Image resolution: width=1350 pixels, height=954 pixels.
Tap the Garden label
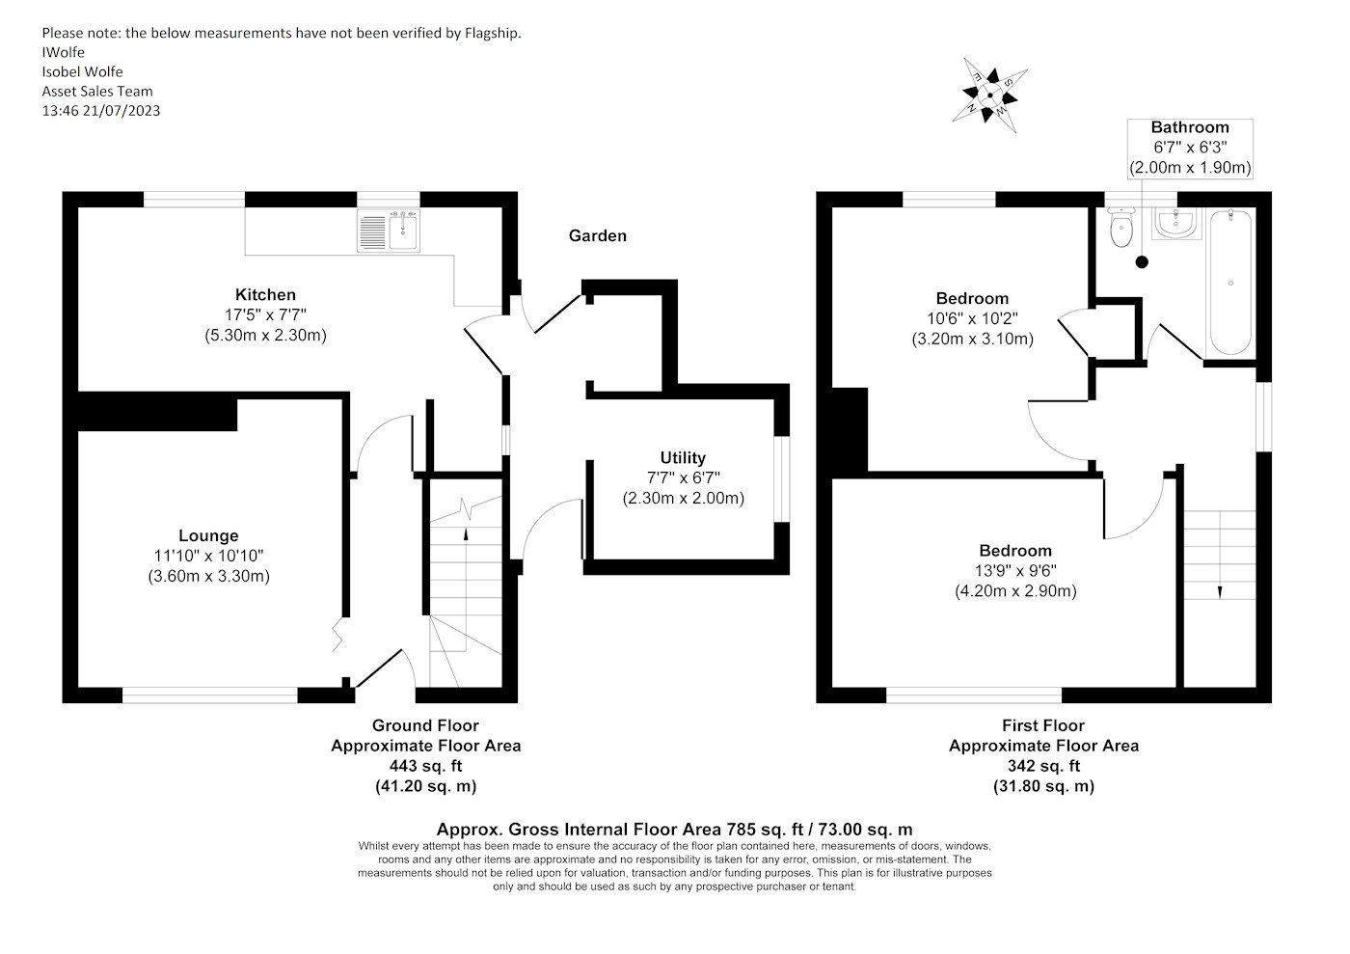click(597, 235)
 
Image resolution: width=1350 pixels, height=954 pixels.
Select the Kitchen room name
click(265, 294)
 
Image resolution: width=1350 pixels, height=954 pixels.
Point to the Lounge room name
click(208, 535)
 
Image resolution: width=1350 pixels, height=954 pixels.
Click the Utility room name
click(683, 457)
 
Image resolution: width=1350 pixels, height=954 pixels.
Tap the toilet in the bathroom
click(1120, 230)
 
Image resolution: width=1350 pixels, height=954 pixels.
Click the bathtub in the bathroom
click(1230, 283)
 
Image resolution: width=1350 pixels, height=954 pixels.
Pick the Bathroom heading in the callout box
click(1190, 127)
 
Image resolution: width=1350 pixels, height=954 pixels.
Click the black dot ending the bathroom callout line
click(1143, 261)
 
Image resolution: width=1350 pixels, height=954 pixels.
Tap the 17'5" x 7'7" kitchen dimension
click(265, 314)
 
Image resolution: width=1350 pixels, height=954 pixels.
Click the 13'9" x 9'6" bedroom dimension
click(1015, 571)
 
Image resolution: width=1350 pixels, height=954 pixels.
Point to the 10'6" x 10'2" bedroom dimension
click(972, 318)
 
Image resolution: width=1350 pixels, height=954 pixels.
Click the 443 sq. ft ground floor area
click(425, 766)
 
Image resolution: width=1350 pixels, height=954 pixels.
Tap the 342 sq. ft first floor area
click(1043, 766)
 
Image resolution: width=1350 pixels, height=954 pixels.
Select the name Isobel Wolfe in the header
click(82, 71)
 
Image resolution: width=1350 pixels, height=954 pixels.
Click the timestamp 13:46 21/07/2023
click(100, 110)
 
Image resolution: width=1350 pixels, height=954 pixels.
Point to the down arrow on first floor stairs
click(1220, 591)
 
